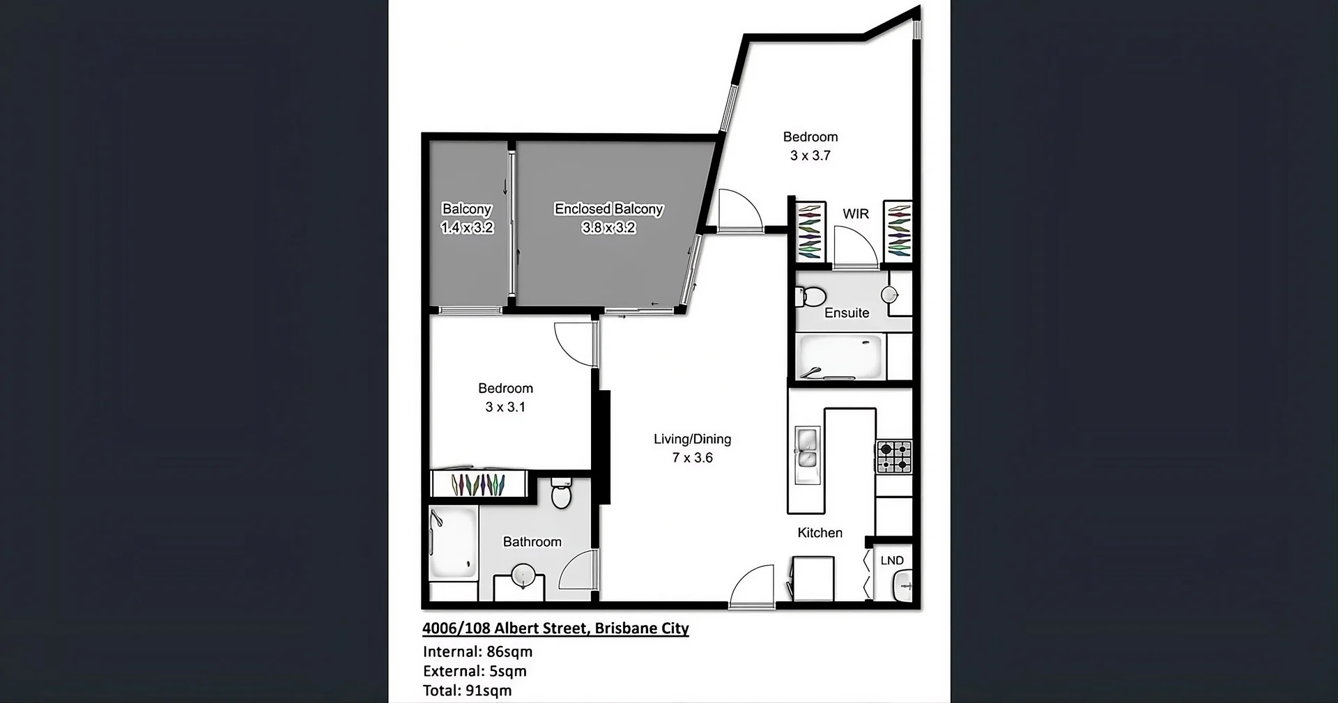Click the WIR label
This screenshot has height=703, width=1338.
click(856, 214)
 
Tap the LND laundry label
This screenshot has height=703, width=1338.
click(892, 561)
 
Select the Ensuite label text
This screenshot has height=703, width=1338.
click(847, 314)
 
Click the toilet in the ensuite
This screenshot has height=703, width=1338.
click(810, 298)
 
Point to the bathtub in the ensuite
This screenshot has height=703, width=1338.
click(840, 356)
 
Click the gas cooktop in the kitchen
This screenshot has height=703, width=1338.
click(893, 456)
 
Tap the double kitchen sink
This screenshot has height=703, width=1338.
click(807, 448)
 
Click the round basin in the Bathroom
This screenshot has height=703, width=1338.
click(523, 576)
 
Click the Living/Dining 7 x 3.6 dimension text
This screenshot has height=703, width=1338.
click(692, 458)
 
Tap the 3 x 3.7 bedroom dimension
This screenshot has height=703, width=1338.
click(810, 156)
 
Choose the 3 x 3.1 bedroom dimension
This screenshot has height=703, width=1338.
click(505, 407)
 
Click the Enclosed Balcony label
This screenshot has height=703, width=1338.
click(608, 209)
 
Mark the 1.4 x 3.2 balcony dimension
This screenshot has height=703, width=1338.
click(467, 228)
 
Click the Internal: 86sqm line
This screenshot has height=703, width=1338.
click(477, 652)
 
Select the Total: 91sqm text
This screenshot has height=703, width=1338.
click(467, 691)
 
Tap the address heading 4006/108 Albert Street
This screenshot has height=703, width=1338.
click(555, 628)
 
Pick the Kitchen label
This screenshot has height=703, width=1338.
click(820, 533)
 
